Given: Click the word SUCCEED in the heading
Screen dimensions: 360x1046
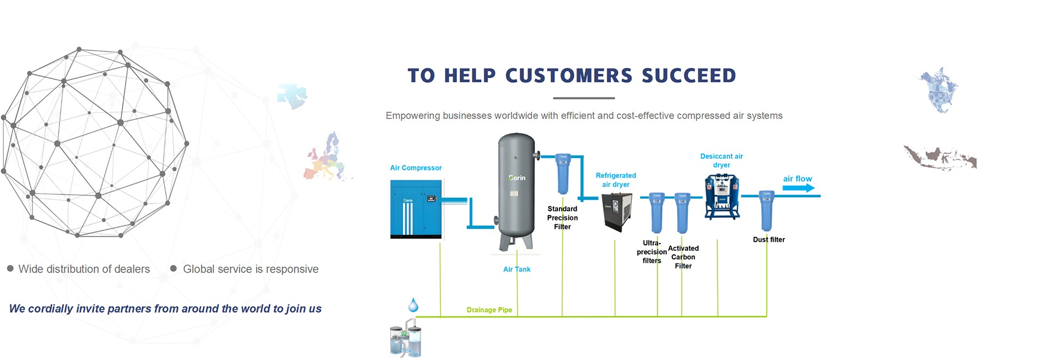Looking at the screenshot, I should pyautogui.click(x=689, y=76).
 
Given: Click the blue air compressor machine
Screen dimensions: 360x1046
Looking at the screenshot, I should pyautogui.click(x=416, y=210).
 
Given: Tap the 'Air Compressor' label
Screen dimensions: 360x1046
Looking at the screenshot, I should pyautogui.click(x=416, y=168).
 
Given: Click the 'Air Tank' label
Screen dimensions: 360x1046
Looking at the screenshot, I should pyautogui.click(x=516, y=269).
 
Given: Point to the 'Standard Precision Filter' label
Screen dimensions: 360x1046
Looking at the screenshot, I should pyautogui.click(x=562, y=218).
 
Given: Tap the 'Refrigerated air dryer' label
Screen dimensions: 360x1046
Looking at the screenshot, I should pyautogui.click(x=616, y=180).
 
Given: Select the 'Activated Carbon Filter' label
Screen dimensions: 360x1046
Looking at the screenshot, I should pyautogui.click(x=683, y=257).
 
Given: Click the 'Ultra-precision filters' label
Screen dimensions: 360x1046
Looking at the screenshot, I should pyautogui.click(x=652, y=252).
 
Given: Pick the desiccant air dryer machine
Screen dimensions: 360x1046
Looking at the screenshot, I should pyautogui.click(x=722, y=196).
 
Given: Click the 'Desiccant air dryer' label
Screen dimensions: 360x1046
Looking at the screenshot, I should pyautogui.click(x=721, y=161).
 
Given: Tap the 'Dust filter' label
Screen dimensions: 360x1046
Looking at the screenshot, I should pyautogui.click(x=769, y=240).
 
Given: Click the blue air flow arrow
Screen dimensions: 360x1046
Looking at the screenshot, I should pyautogui.click(x=799, y=188).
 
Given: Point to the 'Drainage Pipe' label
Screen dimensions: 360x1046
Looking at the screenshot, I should pyautogui.click(x=489, y=310).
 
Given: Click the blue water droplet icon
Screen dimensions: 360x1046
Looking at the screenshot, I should pyautogui.click(x=413, y=305).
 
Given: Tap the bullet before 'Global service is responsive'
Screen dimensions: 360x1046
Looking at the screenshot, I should pyautogui.click(x=173, y=269).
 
